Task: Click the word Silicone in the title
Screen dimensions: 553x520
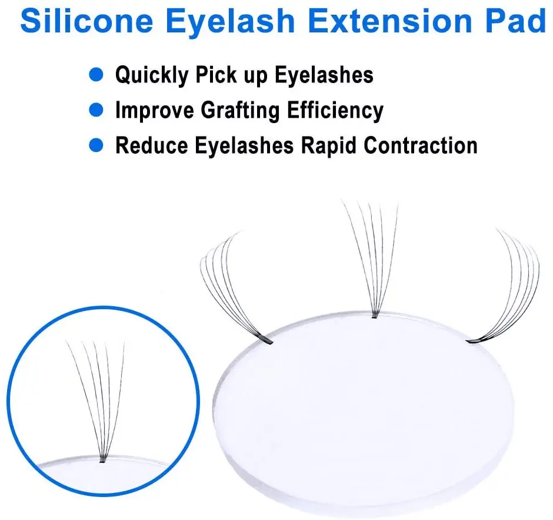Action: pos(86,21)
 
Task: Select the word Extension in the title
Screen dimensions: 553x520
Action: pos(390,21)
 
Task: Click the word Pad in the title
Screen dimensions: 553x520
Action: pos(516,21)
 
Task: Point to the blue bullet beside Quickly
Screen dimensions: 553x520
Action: pos(96,74)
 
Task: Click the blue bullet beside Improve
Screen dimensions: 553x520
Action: pos(96,110)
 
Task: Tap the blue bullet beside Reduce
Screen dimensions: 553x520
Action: pos(96,145)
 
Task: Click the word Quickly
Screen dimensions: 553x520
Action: pos(152,75)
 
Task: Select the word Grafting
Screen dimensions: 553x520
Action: pos(240,111)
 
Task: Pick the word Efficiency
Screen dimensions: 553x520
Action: pos(335,111)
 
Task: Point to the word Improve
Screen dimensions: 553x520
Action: pos(155,111)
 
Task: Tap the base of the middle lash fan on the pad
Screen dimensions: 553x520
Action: pos(375,315)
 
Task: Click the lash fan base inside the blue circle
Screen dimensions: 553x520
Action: pos(102,459)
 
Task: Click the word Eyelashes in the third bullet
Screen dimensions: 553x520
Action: pos(244,146)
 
